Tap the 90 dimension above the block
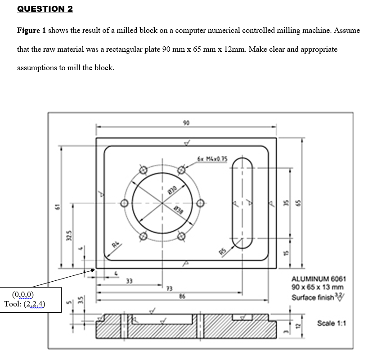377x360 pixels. (186, 122)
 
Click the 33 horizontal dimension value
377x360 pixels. (129, 282)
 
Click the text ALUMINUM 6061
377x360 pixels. (319, 279)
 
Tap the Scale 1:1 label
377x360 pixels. (331, 323)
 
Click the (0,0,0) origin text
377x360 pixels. (22, 295)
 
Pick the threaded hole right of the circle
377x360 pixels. (200, 203)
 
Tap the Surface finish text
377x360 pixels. (313, 297)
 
